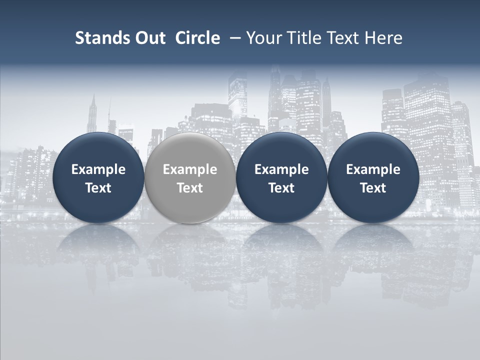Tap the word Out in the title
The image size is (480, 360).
[148, 38]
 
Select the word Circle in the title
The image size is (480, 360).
[197, 38]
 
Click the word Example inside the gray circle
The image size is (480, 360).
[190, 169]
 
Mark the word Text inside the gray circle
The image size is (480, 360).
[190, 188]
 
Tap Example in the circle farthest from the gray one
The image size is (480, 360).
[373, 169]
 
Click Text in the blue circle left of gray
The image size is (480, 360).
[98, 188]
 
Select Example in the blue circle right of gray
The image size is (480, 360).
[281, 169]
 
